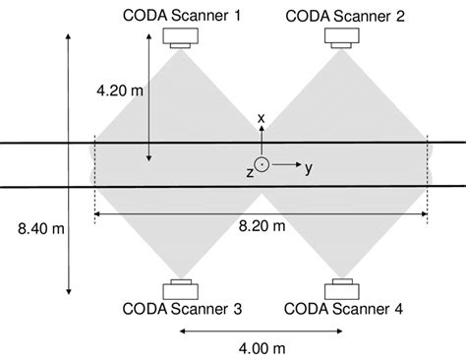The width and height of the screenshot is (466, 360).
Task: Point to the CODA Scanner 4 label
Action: point(345,309)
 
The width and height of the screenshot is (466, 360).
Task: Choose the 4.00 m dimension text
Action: point(262,348)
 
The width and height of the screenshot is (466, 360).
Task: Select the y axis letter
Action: point(309,168)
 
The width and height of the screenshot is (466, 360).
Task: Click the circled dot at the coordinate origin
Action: point(262,165)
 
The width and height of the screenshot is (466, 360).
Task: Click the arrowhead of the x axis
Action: point(262,131)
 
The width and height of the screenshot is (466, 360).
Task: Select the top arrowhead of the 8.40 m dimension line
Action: point(68,36)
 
